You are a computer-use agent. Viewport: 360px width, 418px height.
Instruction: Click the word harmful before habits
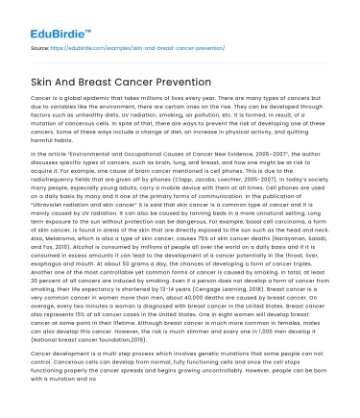44,170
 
